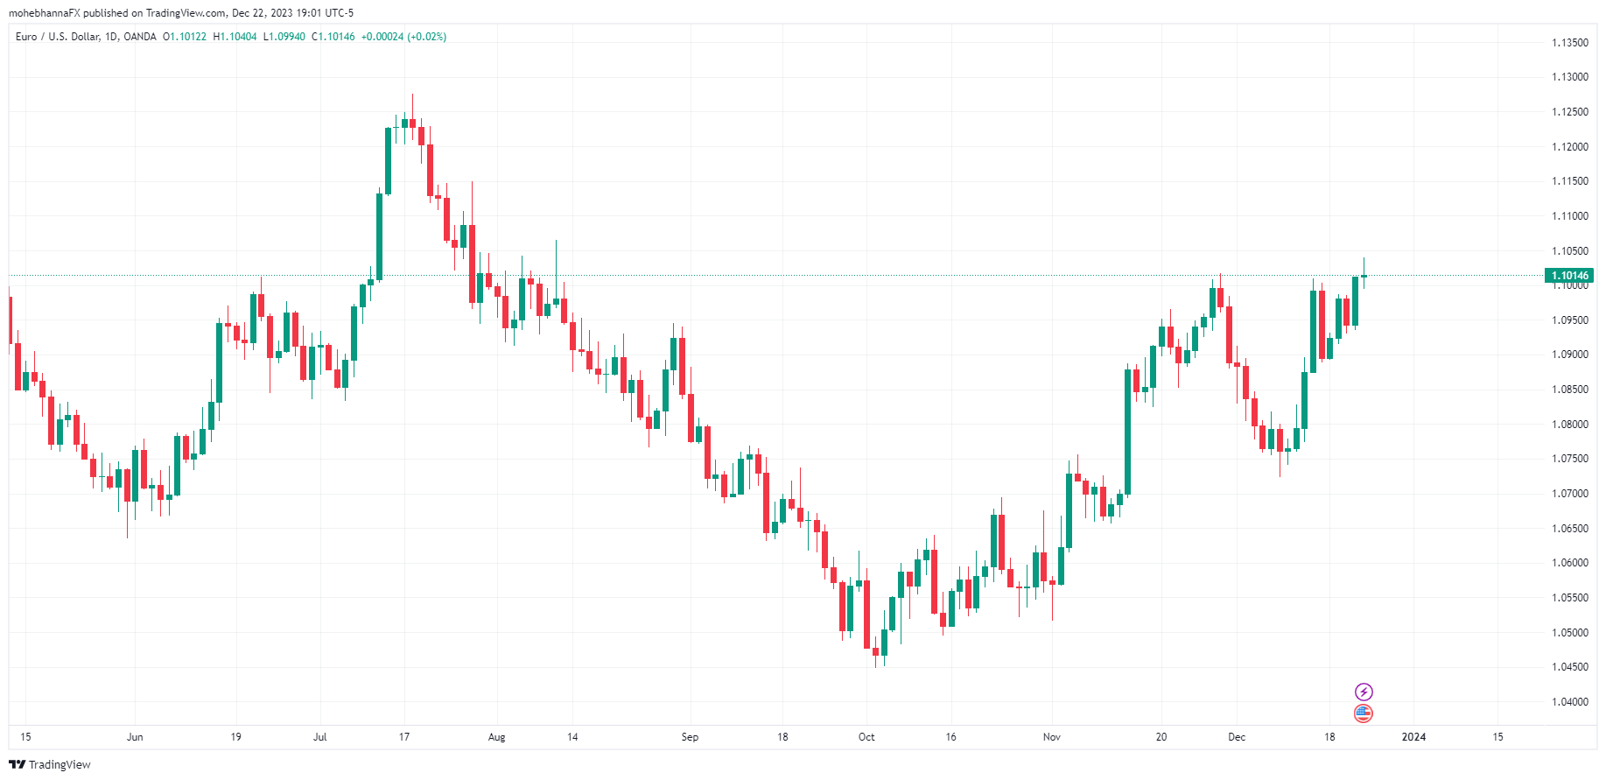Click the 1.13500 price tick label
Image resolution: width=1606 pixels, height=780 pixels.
pyautogui.click(x=1569, y=43)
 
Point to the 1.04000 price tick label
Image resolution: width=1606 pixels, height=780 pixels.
pyautogui.click(x=1569, y=702)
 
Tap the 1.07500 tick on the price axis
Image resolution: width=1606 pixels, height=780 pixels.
pyautogui.click(x=1569, y=459)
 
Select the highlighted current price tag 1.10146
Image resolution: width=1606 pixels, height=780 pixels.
pyautogui.click(x=1570, y=276)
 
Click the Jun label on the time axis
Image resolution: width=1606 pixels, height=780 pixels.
pyautogui.click(x=135, y=737)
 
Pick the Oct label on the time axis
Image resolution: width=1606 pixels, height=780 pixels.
pyautogui.click(x=866, y=737)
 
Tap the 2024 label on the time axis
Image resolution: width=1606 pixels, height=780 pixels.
pyautogui.click(x=1413, y=737)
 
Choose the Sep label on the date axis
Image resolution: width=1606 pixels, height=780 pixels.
pyautogui.click(x=690, y=737)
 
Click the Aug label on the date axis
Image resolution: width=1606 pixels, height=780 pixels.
pyautogui.click(x=496, y=737)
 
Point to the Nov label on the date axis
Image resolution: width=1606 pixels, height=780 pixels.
pyautogui.click(x=1052, y=737)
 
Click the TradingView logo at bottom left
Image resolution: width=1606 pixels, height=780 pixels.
pyautogui.click(x=50, y=764)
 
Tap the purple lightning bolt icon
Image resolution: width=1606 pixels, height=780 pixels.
pyautogui.click(x=1364, y=692)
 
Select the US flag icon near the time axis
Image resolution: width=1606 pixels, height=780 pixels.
pyautogui.click(x=1364, y=713)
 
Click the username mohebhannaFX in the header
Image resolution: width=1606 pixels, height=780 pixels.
pyautogui.click(x=44, y=13)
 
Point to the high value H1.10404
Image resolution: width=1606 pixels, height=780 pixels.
pyautogui.click(x=235, y=37)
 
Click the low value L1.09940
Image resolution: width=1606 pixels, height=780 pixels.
pyautogui.click(x=284, y=37)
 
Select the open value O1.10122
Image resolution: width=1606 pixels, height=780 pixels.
pyautogui.click(x=185, y=37)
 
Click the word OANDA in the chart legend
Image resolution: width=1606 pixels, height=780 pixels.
pyautogui.click(x=140, y=37)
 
